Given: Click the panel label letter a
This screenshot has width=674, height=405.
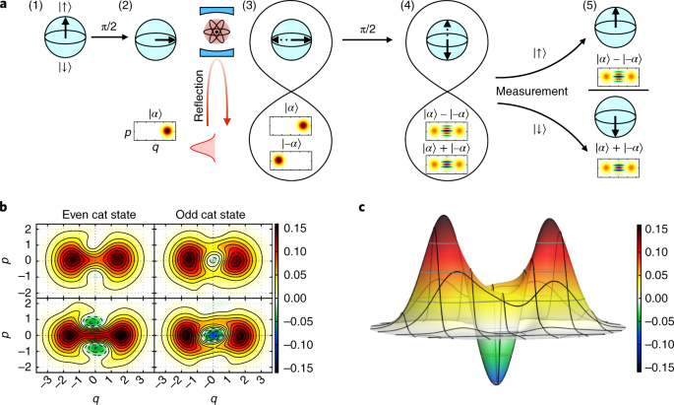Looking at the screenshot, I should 7,7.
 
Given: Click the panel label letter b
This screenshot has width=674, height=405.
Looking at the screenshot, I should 7,209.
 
